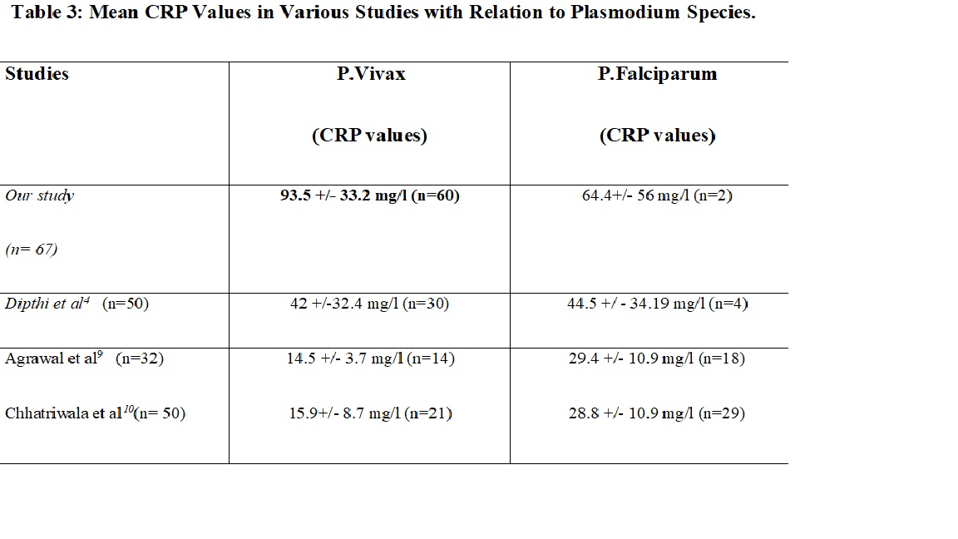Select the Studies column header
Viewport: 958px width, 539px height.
click(x=37, y=74)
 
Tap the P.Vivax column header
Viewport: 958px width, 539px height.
click(x=371, y=74)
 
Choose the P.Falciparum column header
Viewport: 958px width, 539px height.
click(x=657, y=74)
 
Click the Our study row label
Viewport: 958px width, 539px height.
click(x=40, y=196)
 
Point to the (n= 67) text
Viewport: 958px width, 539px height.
click(x=32, y=249)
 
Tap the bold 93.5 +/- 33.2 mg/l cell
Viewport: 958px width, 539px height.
click(x=370, y=196)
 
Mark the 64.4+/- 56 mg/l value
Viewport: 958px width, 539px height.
click(x=657, y=196)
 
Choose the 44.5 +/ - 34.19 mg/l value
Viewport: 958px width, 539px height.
click(x=657, y=304)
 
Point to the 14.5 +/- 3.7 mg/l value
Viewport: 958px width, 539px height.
click(x=370, y=359)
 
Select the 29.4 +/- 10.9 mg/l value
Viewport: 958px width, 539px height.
click(x=657, y=359)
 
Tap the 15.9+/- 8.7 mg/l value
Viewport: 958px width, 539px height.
click(x=370, y=413)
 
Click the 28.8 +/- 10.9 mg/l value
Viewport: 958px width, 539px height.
click(x=657, y=413)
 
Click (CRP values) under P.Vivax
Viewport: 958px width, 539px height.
click(x=370, y=136)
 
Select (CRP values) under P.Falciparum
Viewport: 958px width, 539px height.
click(x=657, y=136)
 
